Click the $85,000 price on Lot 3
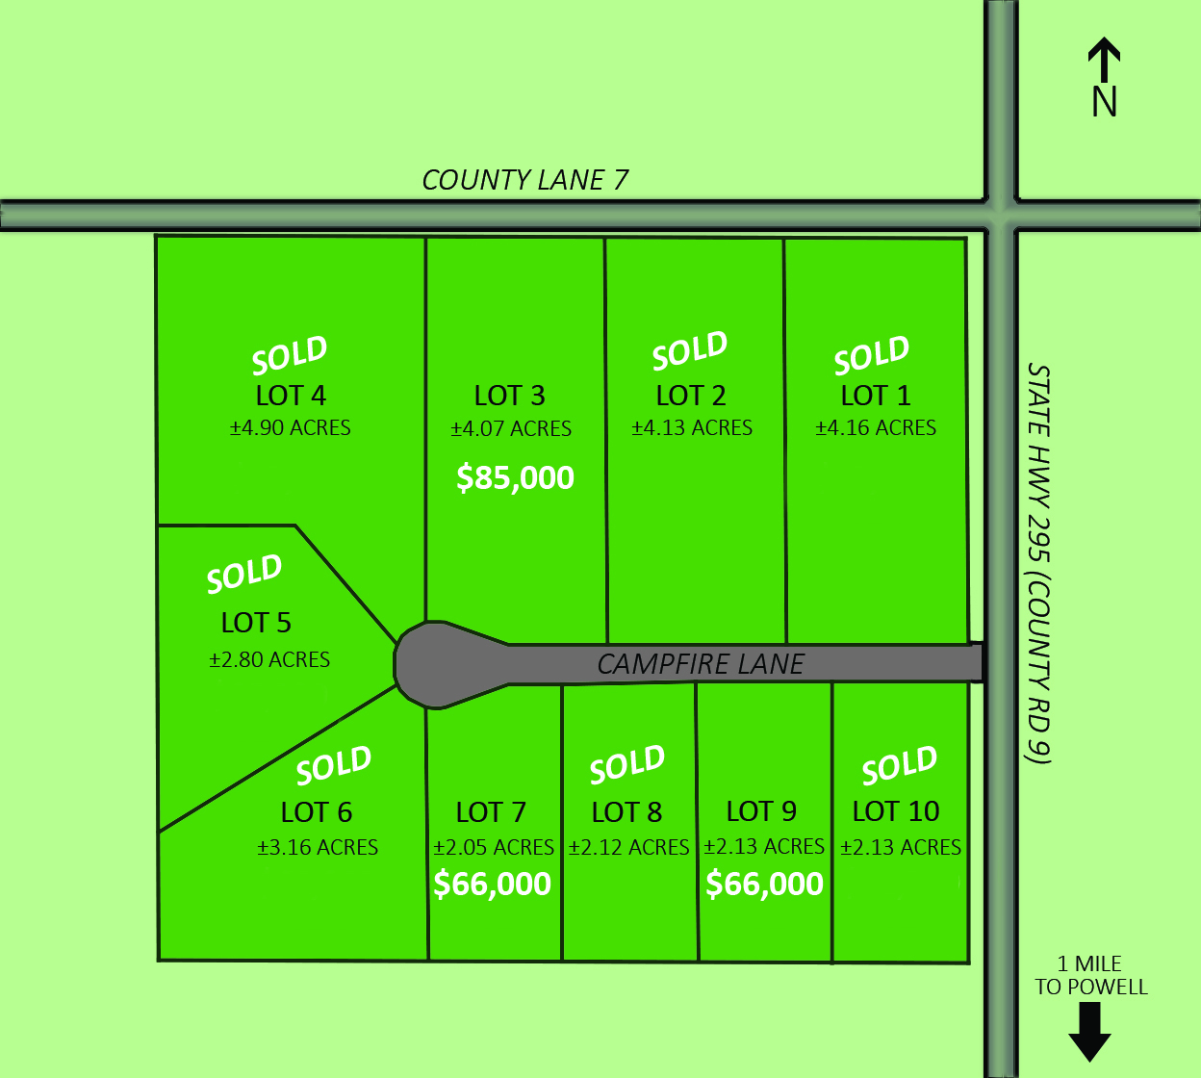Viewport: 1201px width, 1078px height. point(515,477)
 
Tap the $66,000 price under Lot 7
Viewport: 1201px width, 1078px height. point(492,884)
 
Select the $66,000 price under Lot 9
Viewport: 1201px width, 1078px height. point(764,884)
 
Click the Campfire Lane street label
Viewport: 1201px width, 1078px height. point(701,664)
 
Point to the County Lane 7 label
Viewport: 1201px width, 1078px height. point(524,180)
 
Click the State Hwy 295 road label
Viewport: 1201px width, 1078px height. point(1038,563)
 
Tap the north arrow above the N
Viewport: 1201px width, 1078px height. point(1104,60)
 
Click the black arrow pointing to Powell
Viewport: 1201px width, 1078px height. point(1089,1032)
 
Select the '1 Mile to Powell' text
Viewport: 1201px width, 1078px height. point(1091,975)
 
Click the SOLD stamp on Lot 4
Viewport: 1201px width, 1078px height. point(290,356)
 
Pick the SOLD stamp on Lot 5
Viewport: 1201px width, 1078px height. point(244,575)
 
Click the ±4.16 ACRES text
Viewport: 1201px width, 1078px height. point(876,428)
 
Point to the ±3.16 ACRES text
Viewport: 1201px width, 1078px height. point(318,848)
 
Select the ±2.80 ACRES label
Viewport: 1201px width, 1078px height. point(269,660)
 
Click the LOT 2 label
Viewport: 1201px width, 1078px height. point(691,396)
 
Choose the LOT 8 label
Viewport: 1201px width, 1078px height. point(626,812)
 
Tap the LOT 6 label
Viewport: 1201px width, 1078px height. point(317,812)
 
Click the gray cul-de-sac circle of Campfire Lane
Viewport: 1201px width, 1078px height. point(433,665)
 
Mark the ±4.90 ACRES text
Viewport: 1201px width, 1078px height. point(290,428)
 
